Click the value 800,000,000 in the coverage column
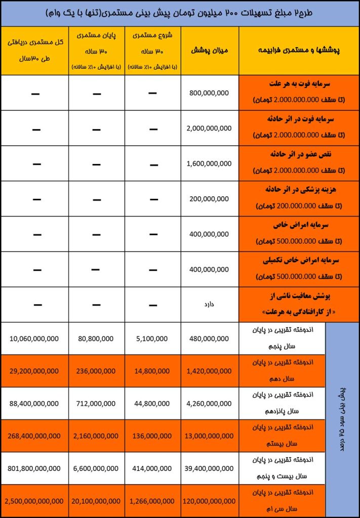click(209, 93)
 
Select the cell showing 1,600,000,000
click(209, 163)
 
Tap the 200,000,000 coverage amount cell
click(209, 199)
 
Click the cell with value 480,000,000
click(209, 338)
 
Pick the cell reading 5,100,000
click(152, 338)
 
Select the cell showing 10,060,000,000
click(34, 338)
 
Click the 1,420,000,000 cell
click(209, 371)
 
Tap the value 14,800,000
click(152, 371)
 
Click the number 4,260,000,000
click(209, 403)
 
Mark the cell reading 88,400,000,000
click(34, 403)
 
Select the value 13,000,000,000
click(209, 436)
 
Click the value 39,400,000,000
click(209, 468)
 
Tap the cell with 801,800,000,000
click(34, 468)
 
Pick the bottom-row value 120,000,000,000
click(209, 501)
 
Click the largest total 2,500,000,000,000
click(34, 501)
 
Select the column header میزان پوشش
click(209, 51)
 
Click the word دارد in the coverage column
click(209, 305)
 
